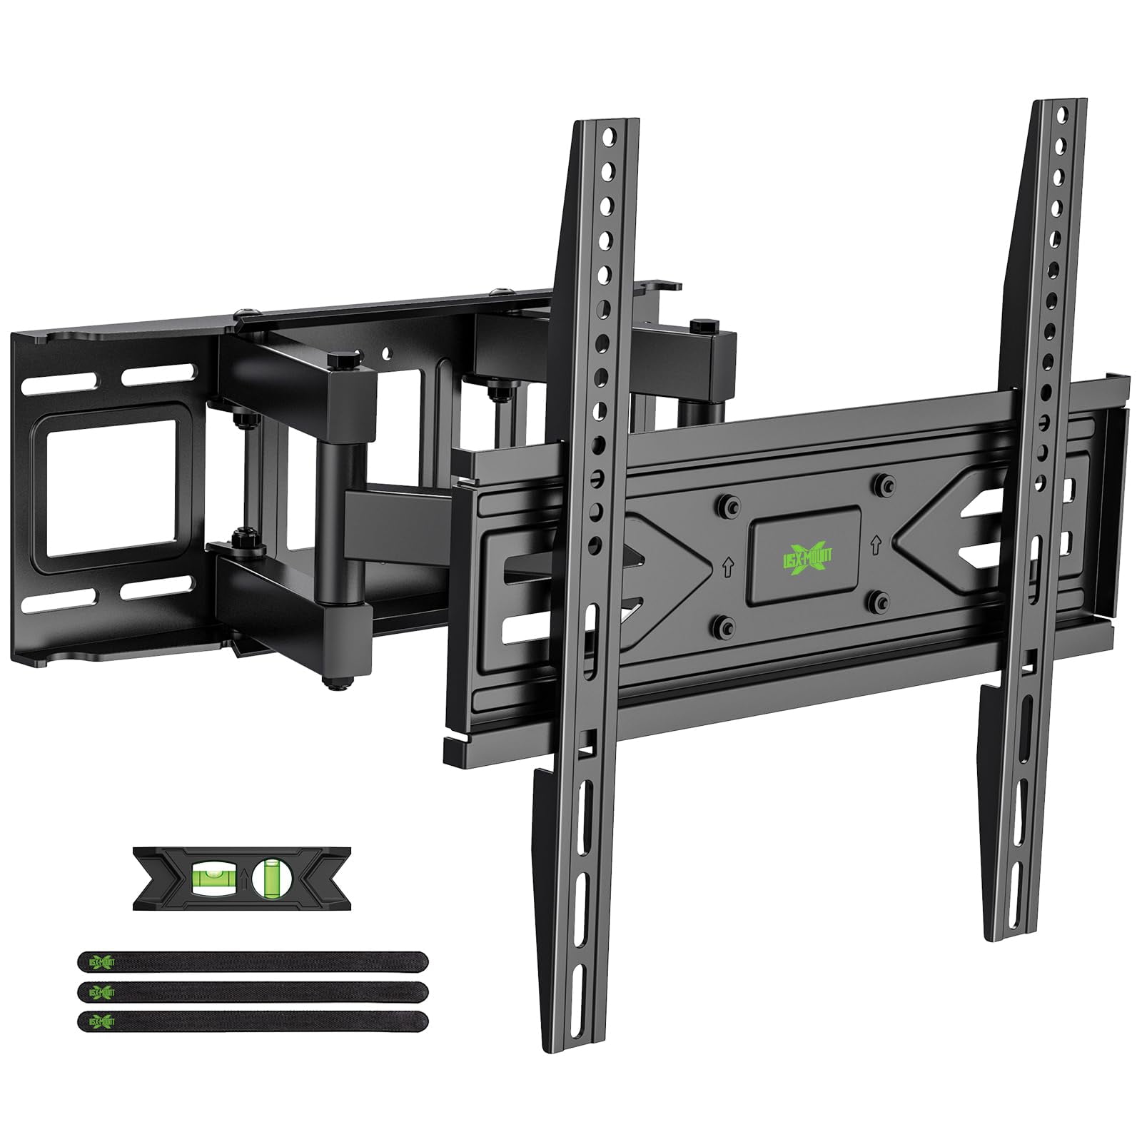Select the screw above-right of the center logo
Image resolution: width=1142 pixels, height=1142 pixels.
tap(885, 483)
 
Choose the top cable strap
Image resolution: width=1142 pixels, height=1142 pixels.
tap(253, 961)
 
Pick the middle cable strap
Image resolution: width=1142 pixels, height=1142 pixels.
tap(253, 991)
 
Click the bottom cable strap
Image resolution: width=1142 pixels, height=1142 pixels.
tap(253, 1021)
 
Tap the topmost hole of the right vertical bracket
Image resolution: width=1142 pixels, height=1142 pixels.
tap(1063, 113)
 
